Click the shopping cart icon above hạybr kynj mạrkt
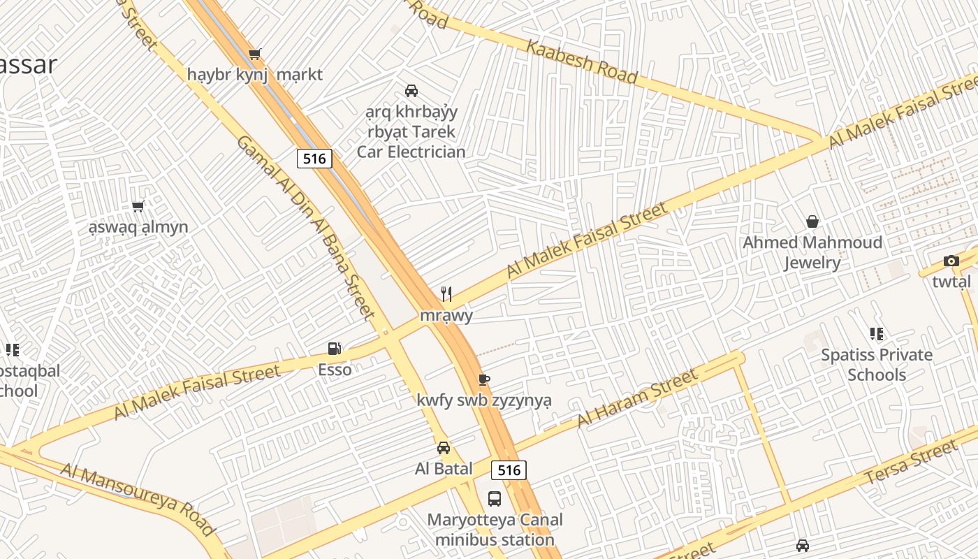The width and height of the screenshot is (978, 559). tap(255, 55)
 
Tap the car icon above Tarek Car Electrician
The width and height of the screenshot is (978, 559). tap(411, 91)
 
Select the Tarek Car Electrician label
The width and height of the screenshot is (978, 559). tap(411, 131)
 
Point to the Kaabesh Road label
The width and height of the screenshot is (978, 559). tap(581, 61)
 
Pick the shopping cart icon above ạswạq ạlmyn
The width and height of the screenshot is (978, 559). tap(138, 207)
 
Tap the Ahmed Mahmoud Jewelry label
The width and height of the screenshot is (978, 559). tap(812, 252)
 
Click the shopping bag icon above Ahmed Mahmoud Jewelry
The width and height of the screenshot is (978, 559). tap(812, 222)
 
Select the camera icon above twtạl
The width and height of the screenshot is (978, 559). tap(951, 261)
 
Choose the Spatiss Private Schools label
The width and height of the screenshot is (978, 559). tap(876, 364)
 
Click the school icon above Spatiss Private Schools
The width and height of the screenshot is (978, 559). tap(876, 334)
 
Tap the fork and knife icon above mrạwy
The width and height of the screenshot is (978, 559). tap(446, 294)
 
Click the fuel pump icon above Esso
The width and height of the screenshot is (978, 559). tap(335, 348)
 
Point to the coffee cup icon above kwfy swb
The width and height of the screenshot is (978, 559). tap(483, 379)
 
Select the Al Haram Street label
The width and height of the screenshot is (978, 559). tap(636, 399)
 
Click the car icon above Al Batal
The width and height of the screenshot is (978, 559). tap(444, 448)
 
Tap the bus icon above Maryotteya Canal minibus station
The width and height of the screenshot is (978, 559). tap(495, 499)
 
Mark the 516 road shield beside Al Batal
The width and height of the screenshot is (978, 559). tap(509, 470)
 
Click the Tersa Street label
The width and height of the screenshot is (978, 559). tap(910, 463)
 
